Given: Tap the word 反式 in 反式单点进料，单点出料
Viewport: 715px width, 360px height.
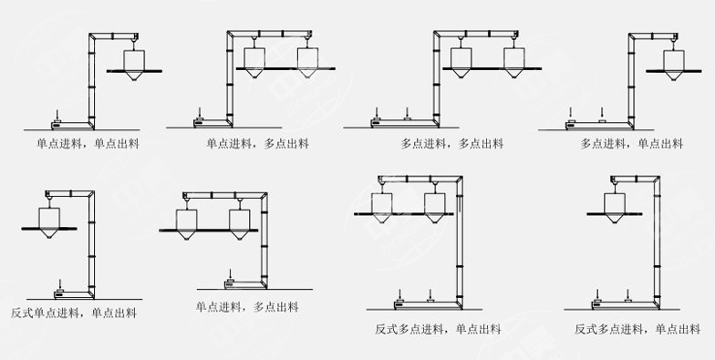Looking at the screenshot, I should [x=22, y=313].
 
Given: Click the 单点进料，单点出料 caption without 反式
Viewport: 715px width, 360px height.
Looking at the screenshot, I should [x=88, y=143].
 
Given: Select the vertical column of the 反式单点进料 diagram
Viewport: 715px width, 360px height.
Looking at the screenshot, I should [x=92, y=246].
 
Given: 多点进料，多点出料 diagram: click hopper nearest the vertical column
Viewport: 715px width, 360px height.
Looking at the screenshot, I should [x=464, y=57].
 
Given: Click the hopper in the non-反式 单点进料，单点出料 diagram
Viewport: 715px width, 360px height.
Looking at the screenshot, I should [x=134, y=59].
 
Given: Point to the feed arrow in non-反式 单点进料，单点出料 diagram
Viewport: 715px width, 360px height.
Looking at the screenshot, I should [x=58, y=111].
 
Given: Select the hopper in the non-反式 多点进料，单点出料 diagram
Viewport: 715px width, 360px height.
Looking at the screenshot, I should [x=675, y=59].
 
